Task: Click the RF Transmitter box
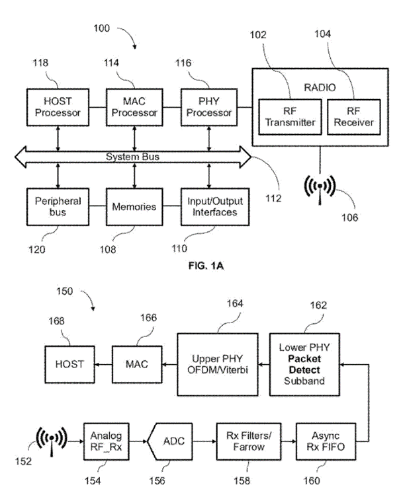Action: pyautogui.click(x=289, y=115)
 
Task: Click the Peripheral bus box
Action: pyautogui.click(x=58, y=206)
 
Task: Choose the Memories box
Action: pyautogui.click(x=135, y=206)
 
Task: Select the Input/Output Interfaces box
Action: pyautogui.click(x=210, y=206)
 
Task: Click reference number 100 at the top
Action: pyautogui.click(x=104, y=30)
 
